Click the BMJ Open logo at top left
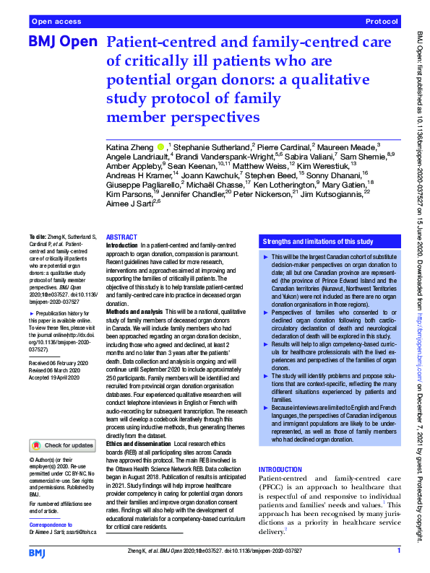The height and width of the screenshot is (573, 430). (62, 43)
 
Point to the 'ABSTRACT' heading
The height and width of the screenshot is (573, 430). (122, 237)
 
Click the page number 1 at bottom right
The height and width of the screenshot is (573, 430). (398, 551)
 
